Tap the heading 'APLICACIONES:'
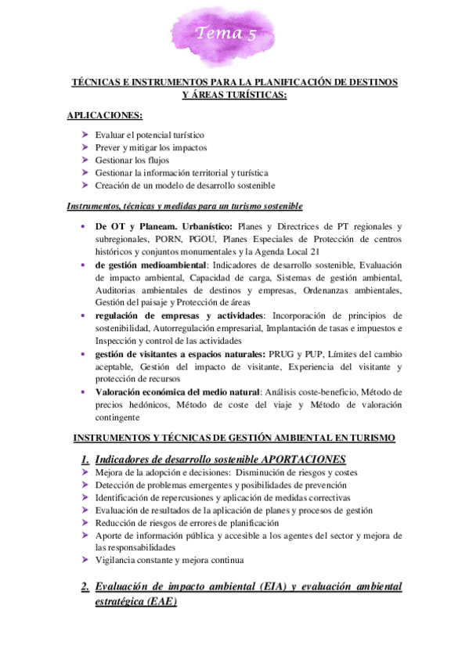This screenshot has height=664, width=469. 105,115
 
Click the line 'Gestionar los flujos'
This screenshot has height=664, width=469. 132,160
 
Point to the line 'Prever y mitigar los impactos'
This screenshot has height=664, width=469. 151,147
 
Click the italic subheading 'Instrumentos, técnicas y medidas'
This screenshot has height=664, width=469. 185,206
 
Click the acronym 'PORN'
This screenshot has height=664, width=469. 164,239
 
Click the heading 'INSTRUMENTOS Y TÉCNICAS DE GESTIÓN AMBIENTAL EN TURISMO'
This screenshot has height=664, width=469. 234,437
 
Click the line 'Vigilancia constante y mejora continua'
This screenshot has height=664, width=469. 169,561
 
